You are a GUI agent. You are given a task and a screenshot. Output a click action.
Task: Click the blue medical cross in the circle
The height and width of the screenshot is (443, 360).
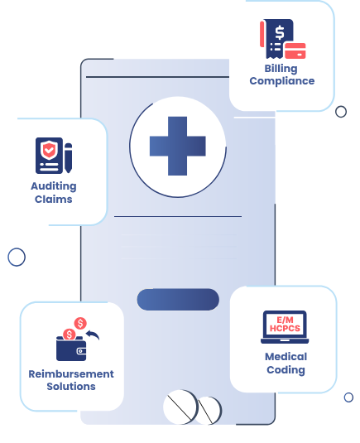177,146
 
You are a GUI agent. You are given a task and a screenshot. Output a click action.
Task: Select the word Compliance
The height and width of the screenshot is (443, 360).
282,81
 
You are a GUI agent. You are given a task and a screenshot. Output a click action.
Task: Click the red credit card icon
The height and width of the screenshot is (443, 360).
295,50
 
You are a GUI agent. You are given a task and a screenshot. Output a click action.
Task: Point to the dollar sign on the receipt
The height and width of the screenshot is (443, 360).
280,33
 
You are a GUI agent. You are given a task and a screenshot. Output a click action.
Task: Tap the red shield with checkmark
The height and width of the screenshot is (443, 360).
50,152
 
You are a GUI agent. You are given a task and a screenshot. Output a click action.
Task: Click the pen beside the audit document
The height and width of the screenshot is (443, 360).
68,157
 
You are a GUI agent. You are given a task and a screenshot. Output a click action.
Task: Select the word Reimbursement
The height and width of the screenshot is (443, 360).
71,374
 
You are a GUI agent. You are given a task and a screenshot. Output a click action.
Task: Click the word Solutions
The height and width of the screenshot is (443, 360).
71,387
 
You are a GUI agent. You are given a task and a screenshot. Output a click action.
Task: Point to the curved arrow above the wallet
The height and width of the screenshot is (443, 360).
92,335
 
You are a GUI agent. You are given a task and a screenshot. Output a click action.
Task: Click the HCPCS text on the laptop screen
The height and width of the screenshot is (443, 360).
285,329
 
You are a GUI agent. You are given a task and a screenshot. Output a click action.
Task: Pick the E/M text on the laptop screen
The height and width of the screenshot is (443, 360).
285,320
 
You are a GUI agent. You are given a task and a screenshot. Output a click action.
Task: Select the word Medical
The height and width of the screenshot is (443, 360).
286,357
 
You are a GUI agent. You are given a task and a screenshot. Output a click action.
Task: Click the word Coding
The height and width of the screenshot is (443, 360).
286,369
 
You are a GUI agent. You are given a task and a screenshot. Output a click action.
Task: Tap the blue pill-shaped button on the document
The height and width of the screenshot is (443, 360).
178,300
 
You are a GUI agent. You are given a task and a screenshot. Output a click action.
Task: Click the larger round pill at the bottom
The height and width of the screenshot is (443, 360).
180,407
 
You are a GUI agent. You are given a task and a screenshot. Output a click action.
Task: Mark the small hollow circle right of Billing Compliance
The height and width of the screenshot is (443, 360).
341,112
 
